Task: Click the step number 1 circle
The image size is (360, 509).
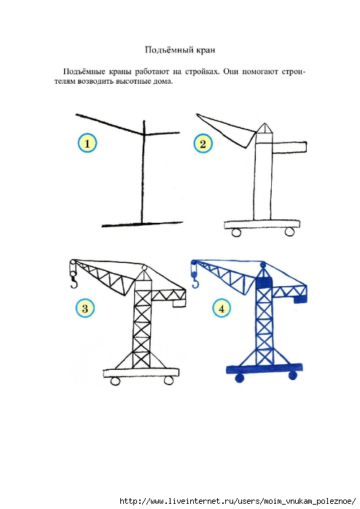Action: [87, 143]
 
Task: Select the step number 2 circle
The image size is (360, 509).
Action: [203, 143]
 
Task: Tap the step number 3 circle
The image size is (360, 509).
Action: [85, 308]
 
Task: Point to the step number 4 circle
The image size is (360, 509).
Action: [222, 308]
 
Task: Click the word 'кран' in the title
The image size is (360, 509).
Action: [206, 50]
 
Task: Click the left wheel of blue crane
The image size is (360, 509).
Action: [239, 378]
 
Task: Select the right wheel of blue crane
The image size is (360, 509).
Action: [292, 376]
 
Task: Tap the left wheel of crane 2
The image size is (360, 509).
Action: [236, 232]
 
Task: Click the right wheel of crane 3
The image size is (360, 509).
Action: [168, 380]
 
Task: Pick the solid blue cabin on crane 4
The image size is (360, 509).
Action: [264, 283]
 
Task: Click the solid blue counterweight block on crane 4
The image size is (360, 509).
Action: [300, 299]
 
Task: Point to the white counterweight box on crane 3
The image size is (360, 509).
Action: [179, 303]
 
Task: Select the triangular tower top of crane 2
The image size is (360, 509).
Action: [264, 128]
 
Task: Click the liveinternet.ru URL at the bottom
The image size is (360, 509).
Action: [238, 501]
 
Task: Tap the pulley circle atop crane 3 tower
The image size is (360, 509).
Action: [144, 267]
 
